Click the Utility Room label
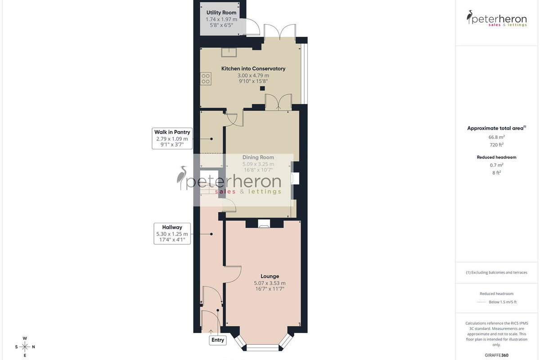point(221,13)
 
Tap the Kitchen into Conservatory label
point(253,68)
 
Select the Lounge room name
point(270,276)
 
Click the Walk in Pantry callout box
point(172,139)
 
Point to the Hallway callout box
point(172,234)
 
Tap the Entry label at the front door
point(218,340)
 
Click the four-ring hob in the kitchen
point(206,79)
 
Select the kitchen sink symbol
point(229,52)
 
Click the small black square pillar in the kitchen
point(262,88)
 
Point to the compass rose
point(25,347)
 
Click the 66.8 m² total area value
point(497,137)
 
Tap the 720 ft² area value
point(497,145)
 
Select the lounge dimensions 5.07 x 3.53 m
point(270,283)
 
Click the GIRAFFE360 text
point(497,355)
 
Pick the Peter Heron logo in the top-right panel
point(497,18)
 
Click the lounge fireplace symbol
point(264,224)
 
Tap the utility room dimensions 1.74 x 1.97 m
point(221,19)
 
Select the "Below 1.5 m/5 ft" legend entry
point(503,302)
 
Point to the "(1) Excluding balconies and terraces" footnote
point(497,272)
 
